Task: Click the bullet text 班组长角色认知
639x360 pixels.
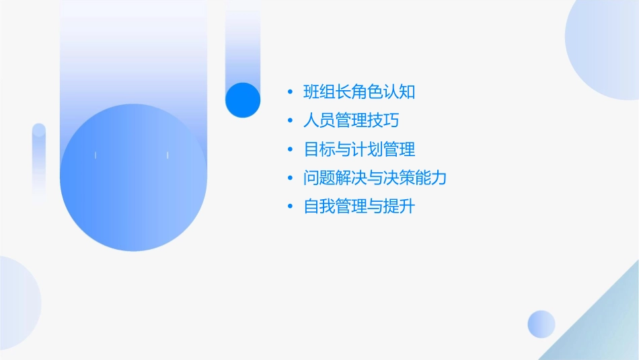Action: coord(359,92)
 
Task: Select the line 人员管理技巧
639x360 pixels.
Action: coord(352,120)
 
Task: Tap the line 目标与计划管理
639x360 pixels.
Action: coord(359,149)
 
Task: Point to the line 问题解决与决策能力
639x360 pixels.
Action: coord(375,178)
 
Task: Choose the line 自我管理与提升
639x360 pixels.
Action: coord(359,207)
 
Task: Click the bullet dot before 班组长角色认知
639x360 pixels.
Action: coord(290,92)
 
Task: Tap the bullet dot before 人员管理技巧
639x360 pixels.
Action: coord(290,120)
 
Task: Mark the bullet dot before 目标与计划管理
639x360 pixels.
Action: coord(290,149)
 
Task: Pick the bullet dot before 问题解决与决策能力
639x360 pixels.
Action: coord(290,178)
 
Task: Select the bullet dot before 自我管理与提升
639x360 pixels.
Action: coord(290,207)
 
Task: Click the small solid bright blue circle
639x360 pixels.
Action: coord(243,100)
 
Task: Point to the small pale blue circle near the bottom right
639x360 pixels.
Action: coord(541,324)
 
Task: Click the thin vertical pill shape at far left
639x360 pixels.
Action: coord(38,161)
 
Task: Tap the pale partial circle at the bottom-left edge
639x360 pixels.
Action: coord(17,303)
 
